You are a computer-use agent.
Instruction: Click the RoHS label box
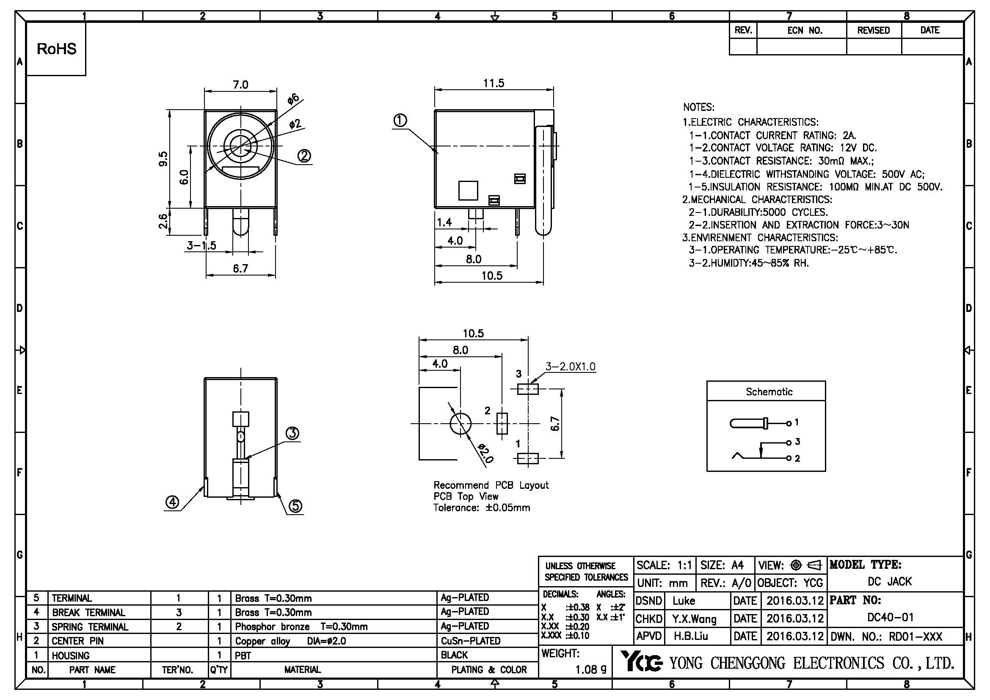tap(56, 49)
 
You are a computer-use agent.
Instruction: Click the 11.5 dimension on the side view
tap(494, 83)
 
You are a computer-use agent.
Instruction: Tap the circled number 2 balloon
tap(304, 156)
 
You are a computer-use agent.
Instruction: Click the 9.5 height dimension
tap(163, 159)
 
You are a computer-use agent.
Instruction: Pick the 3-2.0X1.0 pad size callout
tap(570, 367)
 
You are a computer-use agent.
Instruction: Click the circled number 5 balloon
tap(295, 506)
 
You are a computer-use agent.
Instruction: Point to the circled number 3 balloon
tap(293, 433)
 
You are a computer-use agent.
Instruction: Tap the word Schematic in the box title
tap(769, 392)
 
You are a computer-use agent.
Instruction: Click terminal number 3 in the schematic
tap(797, 441)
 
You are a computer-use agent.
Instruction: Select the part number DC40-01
tap(890, 617)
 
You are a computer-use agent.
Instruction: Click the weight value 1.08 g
tap(591, 670)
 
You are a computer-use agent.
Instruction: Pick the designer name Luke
tap(684, 601)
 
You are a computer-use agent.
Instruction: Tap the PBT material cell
tap(243, 656)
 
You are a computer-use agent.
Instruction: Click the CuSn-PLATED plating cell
tap(470, 641)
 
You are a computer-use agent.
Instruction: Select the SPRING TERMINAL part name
tap(90, 627)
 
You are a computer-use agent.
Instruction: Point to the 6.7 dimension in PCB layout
tap(555, 424)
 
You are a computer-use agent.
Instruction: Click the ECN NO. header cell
tap(805, 30)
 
